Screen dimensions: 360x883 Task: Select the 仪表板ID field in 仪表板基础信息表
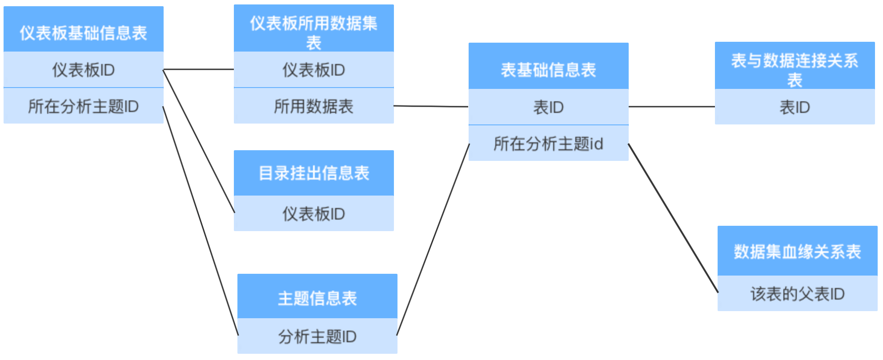84,70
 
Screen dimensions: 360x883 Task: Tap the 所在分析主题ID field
84,106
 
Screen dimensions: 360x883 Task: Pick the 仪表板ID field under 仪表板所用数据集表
313,70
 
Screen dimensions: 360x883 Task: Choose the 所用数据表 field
313,106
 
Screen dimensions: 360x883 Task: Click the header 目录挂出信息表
313,173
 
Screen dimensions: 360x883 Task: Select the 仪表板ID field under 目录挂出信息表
313,214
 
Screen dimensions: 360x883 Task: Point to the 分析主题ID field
317,336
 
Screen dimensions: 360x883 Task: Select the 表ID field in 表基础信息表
548,107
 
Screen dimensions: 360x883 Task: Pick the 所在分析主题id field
548,144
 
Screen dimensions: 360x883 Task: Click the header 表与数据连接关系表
795,66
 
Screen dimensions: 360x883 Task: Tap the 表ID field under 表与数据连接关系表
795,107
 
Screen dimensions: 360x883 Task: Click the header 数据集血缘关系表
797,251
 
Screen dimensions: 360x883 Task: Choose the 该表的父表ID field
797,294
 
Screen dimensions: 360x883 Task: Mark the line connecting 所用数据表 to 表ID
431,106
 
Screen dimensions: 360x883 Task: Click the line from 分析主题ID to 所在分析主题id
433,240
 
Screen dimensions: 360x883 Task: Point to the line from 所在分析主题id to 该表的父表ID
673,218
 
